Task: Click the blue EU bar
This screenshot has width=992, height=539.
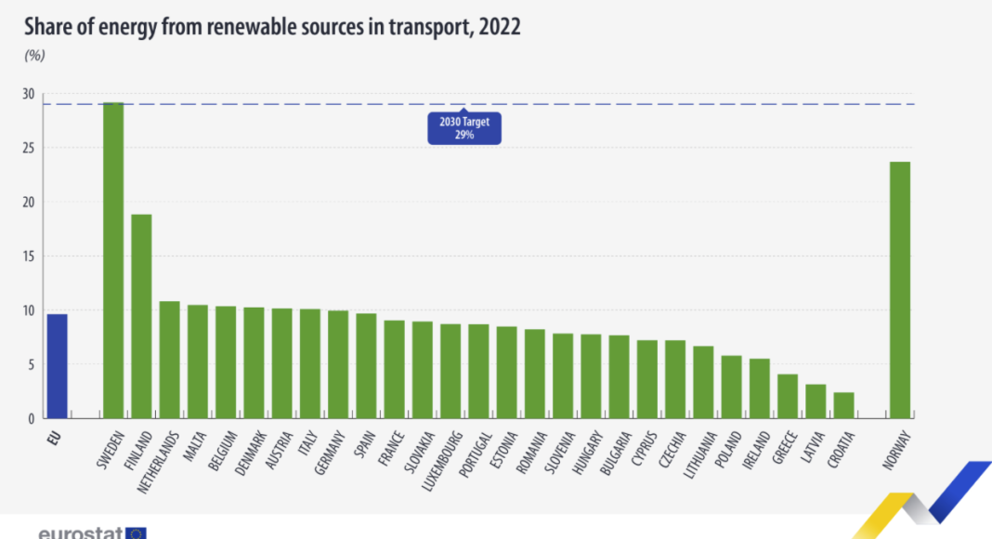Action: (57, 366)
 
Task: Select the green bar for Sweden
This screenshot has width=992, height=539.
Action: (113, 260)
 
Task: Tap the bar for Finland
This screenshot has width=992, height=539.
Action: (141, 316)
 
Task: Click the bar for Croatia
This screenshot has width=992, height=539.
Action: (843, 405)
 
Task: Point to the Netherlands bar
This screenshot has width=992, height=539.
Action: (169, 360)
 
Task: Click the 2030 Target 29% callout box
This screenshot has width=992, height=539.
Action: (464, 128)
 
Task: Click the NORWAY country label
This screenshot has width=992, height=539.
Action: (895, 449)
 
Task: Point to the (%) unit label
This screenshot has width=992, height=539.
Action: (34, 55)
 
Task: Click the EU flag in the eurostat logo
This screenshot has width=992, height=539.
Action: (136, 533)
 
